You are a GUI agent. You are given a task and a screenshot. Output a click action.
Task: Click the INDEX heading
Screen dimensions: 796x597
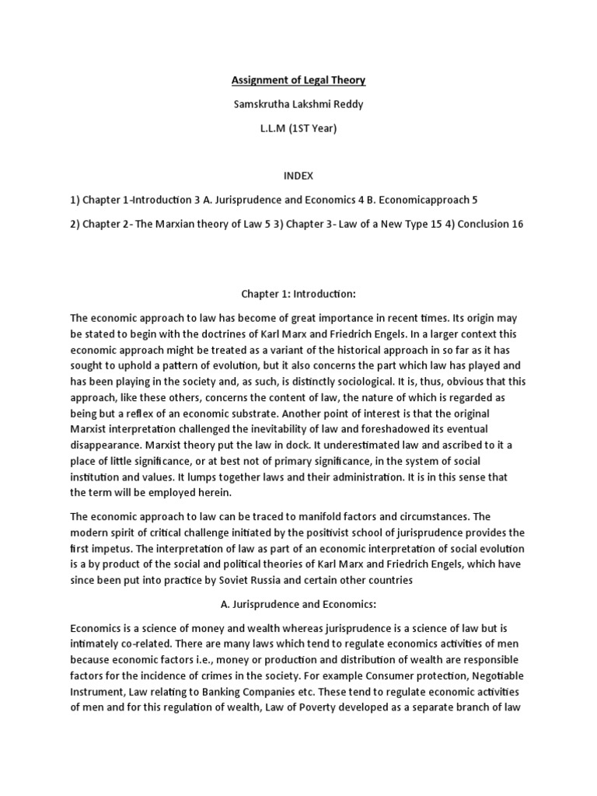pyautogui.click(x=299, y=176)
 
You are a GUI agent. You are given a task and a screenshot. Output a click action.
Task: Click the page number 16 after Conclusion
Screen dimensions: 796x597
pyautogui.click(x=517, y=224)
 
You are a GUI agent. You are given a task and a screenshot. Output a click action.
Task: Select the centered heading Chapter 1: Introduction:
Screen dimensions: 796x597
pyautogui.click(x=299, y=296)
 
